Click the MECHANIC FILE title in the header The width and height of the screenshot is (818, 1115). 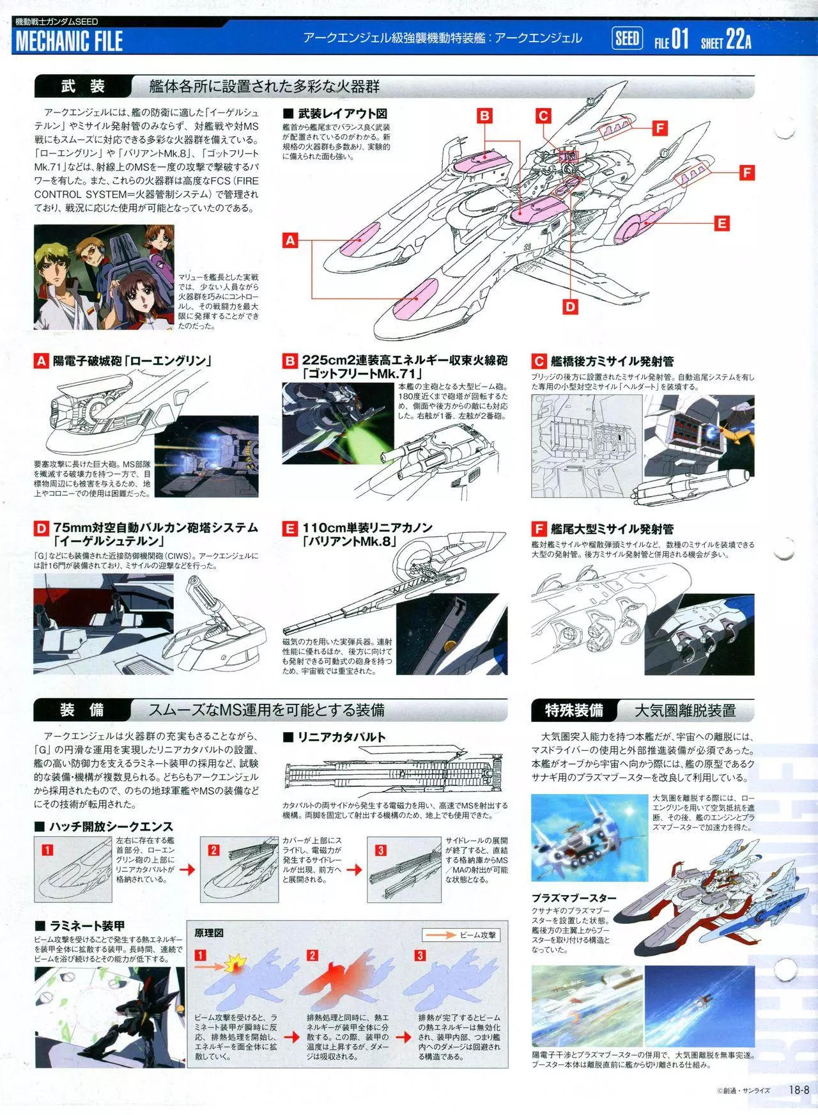(x=69, y=42)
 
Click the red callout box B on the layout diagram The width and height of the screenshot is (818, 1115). (x=485, y=116)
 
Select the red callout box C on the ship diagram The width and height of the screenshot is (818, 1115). (x=543, y=116)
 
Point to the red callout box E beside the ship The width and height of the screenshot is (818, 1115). (x=722, y=223)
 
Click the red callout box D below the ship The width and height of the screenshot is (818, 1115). (x=570, y=307)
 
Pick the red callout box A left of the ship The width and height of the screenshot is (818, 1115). (x=291, y=240)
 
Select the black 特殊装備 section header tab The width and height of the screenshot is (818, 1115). (x=573, y=710)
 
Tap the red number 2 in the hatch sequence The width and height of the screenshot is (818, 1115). (x=214, y=850)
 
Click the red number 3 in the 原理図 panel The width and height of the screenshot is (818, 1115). (x=420, y=956)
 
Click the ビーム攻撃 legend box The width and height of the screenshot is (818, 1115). (x=461, y=935)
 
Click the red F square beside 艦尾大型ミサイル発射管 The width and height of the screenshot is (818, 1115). (x=539, y=529)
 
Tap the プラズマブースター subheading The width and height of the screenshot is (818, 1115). (x=573, y=898)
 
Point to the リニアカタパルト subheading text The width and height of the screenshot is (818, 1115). (x=341, y=737)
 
